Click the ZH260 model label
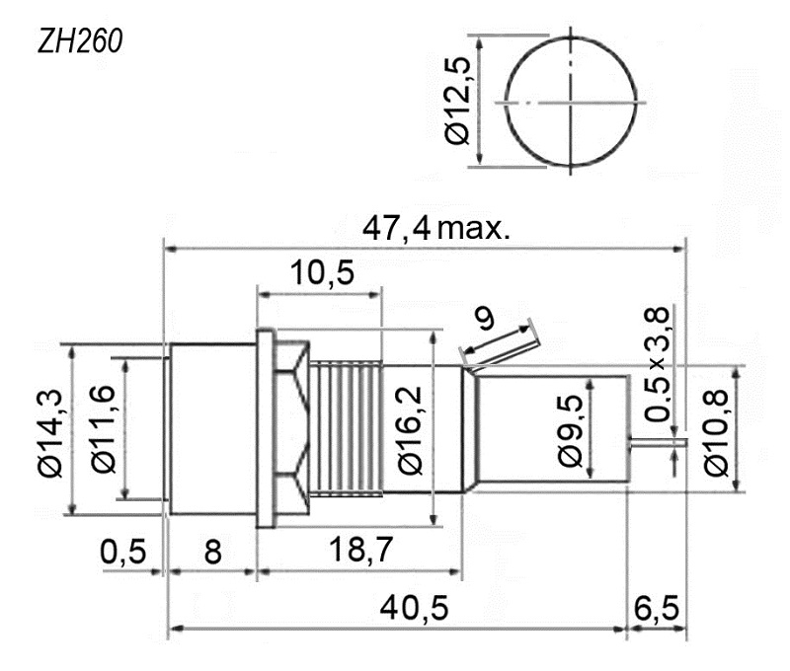[80, 40]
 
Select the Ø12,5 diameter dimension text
[457, 101]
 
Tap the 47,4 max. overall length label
[436, 229]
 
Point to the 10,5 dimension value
[323, 272]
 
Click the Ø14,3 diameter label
[50, 432]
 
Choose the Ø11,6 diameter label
[104, 429]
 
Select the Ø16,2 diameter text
[410, 430]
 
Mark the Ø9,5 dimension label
[570, 431]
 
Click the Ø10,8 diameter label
[716, 432]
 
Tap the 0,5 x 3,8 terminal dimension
[658, 363]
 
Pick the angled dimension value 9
[485, 318]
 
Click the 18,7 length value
[360, 549]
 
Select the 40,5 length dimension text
[414, 607]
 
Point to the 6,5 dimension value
[657, 608]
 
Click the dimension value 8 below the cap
[212, 552]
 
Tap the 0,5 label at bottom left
[122, 552]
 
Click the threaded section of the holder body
[346, 428]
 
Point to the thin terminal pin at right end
[659, 443]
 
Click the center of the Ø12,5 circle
[571, 103]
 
